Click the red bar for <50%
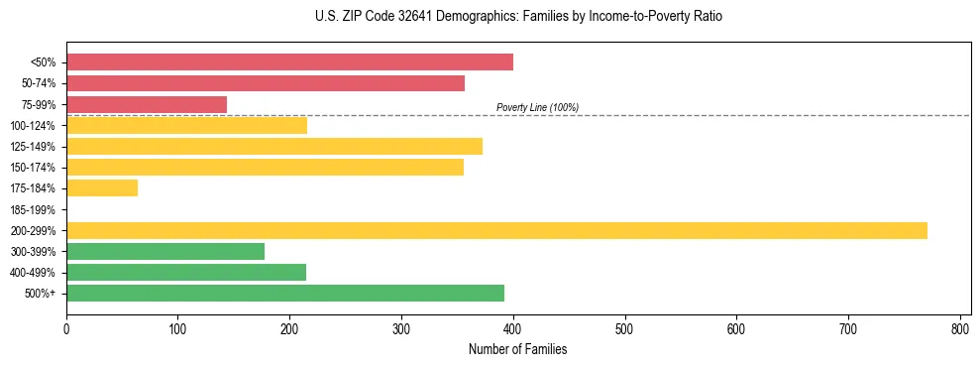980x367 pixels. pyautogui.click(x=289, y=62)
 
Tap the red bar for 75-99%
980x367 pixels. pyautogui.click(x=147, y=104)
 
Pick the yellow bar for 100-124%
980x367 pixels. pyautogui.click(x=186, y=125)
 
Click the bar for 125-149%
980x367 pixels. pyautogui.click(x=274, y=146)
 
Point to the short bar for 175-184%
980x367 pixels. pyautogui.click(x=102, y=187)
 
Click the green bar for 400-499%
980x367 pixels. pyautogui.click(x=186, y=272)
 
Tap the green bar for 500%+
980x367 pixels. pyautogui.click(x=285, y=293)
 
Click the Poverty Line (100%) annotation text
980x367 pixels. pyautogui.click(x=537, y=107)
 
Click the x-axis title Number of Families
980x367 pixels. pyautogui.click(x=518, y=349)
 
